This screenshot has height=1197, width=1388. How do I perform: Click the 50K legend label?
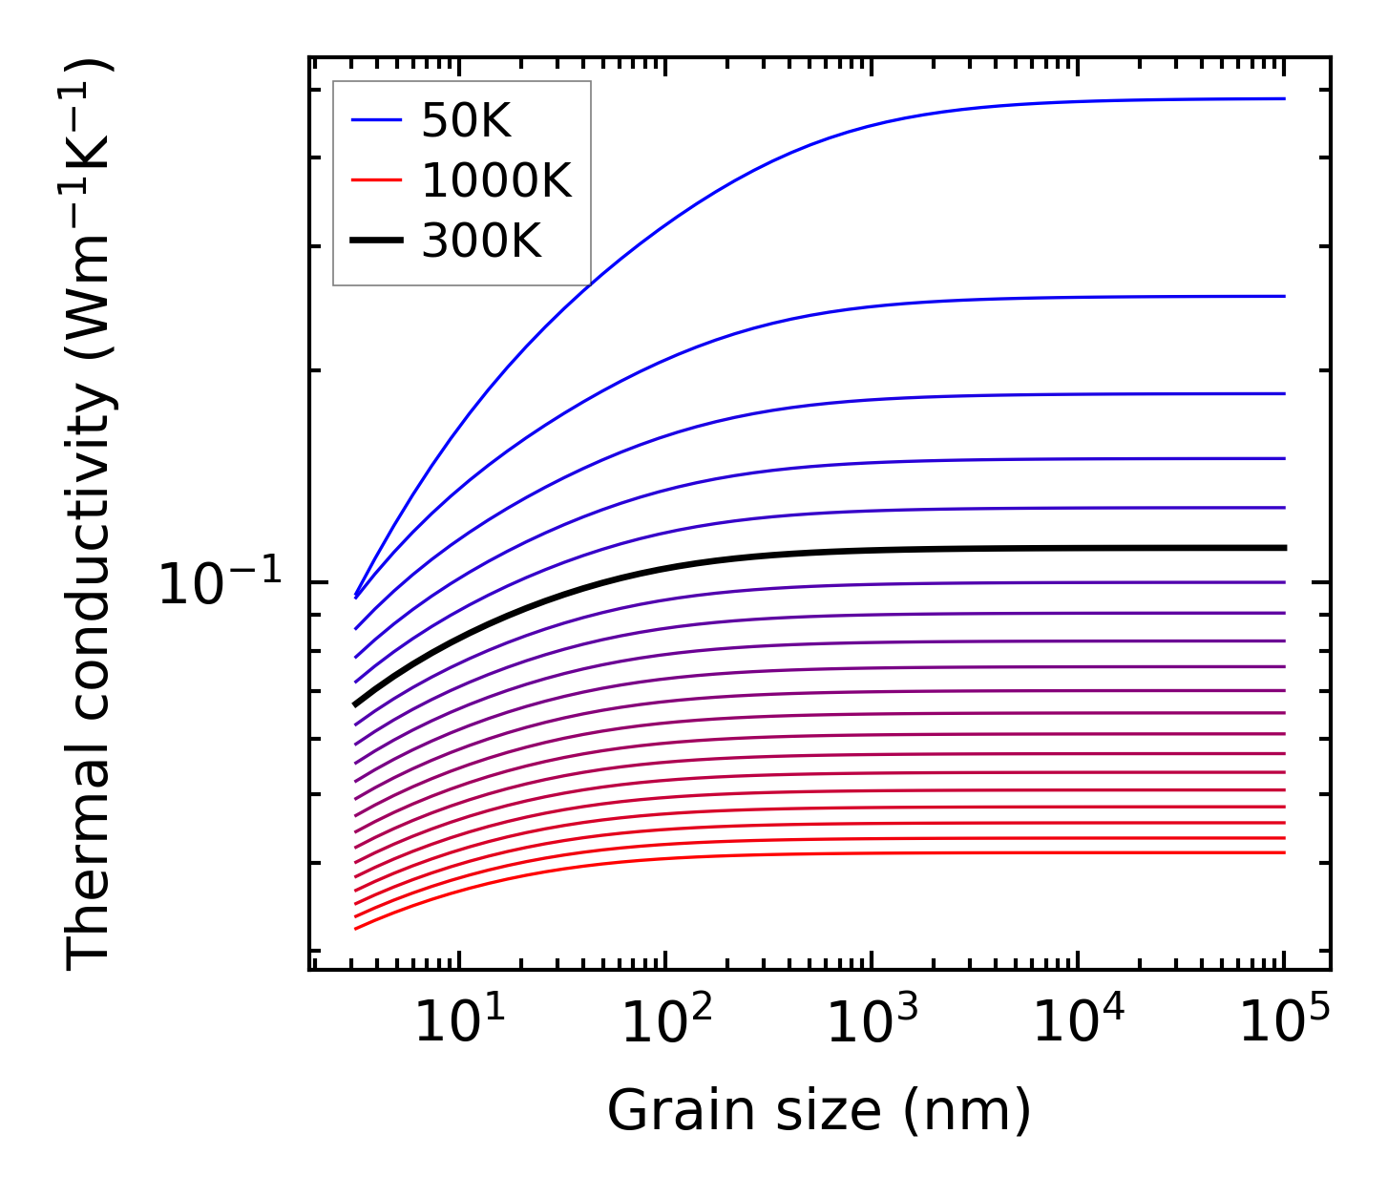(x=467, y=121)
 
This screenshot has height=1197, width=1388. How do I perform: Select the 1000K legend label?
(x=496, y=180)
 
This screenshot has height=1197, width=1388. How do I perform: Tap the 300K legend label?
(x=481, y=241)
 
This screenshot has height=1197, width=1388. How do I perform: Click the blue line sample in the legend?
(x=377, y=120)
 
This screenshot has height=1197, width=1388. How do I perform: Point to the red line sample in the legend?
(x=377, y=180)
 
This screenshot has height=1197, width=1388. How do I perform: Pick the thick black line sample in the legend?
(x=377, y=241)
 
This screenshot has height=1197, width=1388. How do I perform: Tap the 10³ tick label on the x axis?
(x=873, y=1024)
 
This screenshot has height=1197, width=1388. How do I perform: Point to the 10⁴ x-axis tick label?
(x=1079, y=1024)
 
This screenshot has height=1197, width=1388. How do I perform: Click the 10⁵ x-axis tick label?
(x=1285, y=1024)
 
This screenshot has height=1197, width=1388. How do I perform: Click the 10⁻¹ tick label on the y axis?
(x=221, y=583)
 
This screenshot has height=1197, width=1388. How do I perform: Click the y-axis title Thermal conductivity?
(x=91, y=515)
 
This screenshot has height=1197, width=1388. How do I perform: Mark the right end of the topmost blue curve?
(x=1284, y=98)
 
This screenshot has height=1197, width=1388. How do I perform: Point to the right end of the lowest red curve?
(x=1284, y=852)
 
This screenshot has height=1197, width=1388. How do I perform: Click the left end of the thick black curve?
(x=355, y=704)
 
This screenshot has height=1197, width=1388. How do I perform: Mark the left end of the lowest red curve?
(x=355, y=928)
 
